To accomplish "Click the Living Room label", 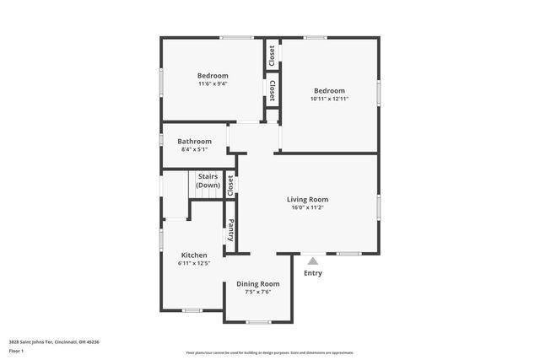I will pos(307,199).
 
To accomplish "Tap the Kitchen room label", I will pos(194,255).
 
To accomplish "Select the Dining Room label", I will pos(257,284).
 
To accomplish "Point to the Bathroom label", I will pos(194,141).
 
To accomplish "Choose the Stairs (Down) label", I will pos(208,180).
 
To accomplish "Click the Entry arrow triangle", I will pos(312,261).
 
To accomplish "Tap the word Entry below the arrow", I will pos(312,272).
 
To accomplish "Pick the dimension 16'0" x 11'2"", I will pos(307,207).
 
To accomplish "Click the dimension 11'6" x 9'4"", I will pos(213,83).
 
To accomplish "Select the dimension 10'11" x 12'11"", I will pos(329,99).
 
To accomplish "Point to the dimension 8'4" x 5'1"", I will pos(194,149).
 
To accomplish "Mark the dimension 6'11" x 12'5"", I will pos(194,263).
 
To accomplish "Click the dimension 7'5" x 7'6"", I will pos(257,293).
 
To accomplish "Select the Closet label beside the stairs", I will pos(230,185).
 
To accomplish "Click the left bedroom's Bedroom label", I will pos(213,75).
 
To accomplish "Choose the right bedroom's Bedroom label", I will pos(329,90).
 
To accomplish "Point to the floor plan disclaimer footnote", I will pos(269,352).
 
